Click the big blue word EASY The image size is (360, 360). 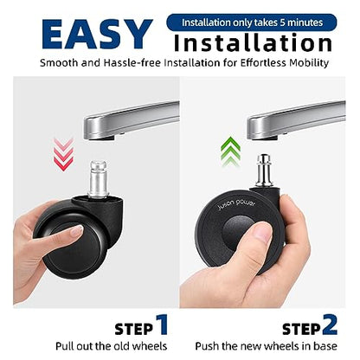click(97, 34)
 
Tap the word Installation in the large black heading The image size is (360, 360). click(253, 42)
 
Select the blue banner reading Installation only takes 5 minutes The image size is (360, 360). click(252, 22)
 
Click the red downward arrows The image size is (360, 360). click(63, 154)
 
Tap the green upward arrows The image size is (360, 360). click(230, 151)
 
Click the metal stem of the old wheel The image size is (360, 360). click(99, 179)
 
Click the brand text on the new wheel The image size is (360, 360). click(236, 204)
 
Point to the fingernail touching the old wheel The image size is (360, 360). click(76, 231)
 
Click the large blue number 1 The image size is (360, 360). click(163, 325)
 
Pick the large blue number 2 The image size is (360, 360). click(330, 325)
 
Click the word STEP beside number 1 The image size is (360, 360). click(134, 329)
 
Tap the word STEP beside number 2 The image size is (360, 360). click(301, 329)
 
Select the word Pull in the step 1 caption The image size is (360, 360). click(63, 346)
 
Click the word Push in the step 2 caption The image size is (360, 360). click(205, 346)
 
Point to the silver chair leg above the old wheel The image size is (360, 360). click(132, 120)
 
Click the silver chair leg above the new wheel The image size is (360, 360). click(296, 120)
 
